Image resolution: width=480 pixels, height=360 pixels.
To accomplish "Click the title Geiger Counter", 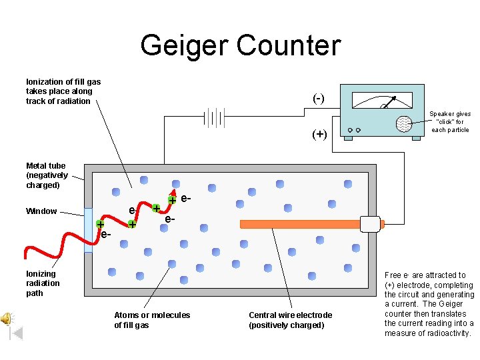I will click(240, 45).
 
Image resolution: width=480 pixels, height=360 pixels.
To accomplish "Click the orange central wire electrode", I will click(300, 224).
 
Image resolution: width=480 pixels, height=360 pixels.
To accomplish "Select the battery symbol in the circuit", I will click(213, 118).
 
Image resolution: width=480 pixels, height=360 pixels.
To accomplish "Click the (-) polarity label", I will click(319, 98).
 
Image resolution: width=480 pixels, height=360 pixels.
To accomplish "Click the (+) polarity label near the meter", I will click(319, 134).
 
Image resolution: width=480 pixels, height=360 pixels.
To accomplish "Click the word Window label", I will click(41, 211).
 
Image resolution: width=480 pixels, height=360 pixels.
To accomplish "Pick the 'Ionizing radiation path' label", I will click(43, 283).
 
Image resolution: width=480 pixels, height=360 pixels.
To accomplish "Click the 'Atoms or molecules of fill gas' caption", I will click(152, 320).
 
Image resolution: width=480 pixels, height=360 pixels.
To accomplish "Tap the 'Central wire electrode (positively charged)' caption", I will click(290, 320).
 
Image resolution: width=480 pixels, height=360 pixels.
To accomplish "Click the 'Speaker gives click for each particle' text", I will click(450, 122).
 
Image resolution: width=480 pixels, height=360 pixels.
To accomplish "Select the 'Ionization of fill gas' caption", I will click(63, 91).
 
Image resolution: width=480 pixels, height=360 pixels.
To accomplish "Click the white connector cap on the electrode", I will click(370, 224).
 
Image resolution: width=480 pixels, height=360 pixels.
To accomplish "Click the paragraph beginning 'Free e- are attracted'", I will click(429, 304).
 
